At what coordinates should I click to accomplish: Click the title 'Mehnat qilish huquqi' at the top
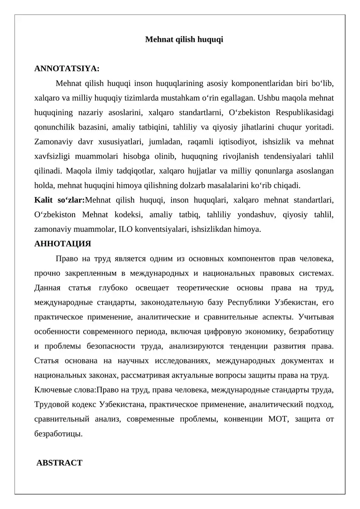[x=184, y=40]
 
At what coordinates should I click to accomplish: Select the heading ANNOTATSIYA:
[x=67, y=69]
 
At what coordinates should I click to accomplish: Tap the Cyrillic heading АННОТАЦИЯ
[x=63, y=244]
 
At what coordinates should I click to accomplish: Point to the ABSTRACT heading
[x=59, y=463]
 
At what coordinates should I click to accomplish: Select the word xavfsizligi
[x=53, y=156]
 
